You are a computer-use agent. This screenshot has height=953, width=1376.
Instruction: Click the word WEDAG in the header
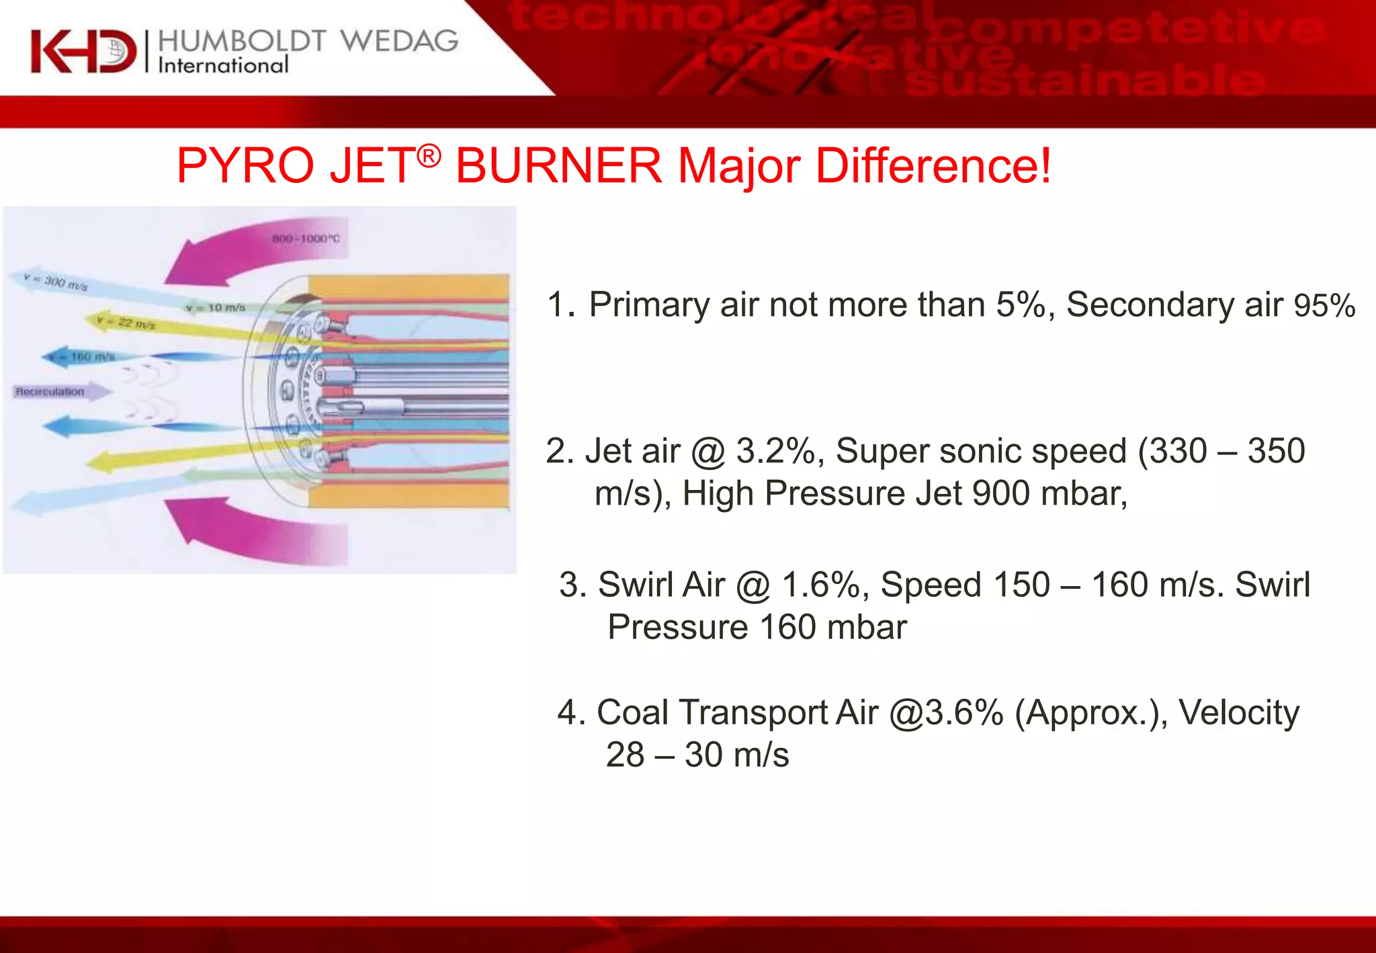(x=399, y=41)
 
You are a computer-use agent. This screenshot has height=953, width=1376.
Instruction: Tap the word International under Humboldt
(x=223, y=65)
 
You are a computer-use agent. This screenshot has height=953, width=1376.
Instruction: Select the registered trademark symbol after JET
(x=429, y=156)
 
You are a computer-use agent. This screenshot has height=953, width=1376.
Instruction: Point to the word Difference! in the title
(x=933, y=165)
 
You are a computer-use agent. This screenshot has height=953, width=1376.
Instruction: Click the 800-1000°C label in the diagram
(x=306, y=239)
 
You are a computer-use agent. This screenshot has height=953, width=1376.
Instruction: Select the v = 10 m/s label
(x=216, y=308)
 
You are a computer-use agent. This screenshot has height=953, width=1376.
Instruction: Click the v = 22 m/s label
(x=126, y=323)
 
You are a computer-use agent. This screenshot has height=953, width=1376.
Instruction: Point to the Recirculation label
(x=50, y=391)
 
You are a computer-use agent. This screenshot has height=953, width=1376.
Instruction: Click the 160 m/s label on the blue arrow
(x=91, y=356)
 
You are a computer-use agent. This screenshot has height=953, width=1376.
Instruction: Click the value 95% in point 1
(x=1324, y=306)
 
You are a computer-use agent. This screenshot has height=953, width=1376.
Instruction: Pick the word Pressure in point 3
(x=677, y=627)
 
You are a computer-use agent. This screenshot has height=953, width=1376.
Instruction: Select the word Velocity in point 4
(x=1240, y=712)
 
